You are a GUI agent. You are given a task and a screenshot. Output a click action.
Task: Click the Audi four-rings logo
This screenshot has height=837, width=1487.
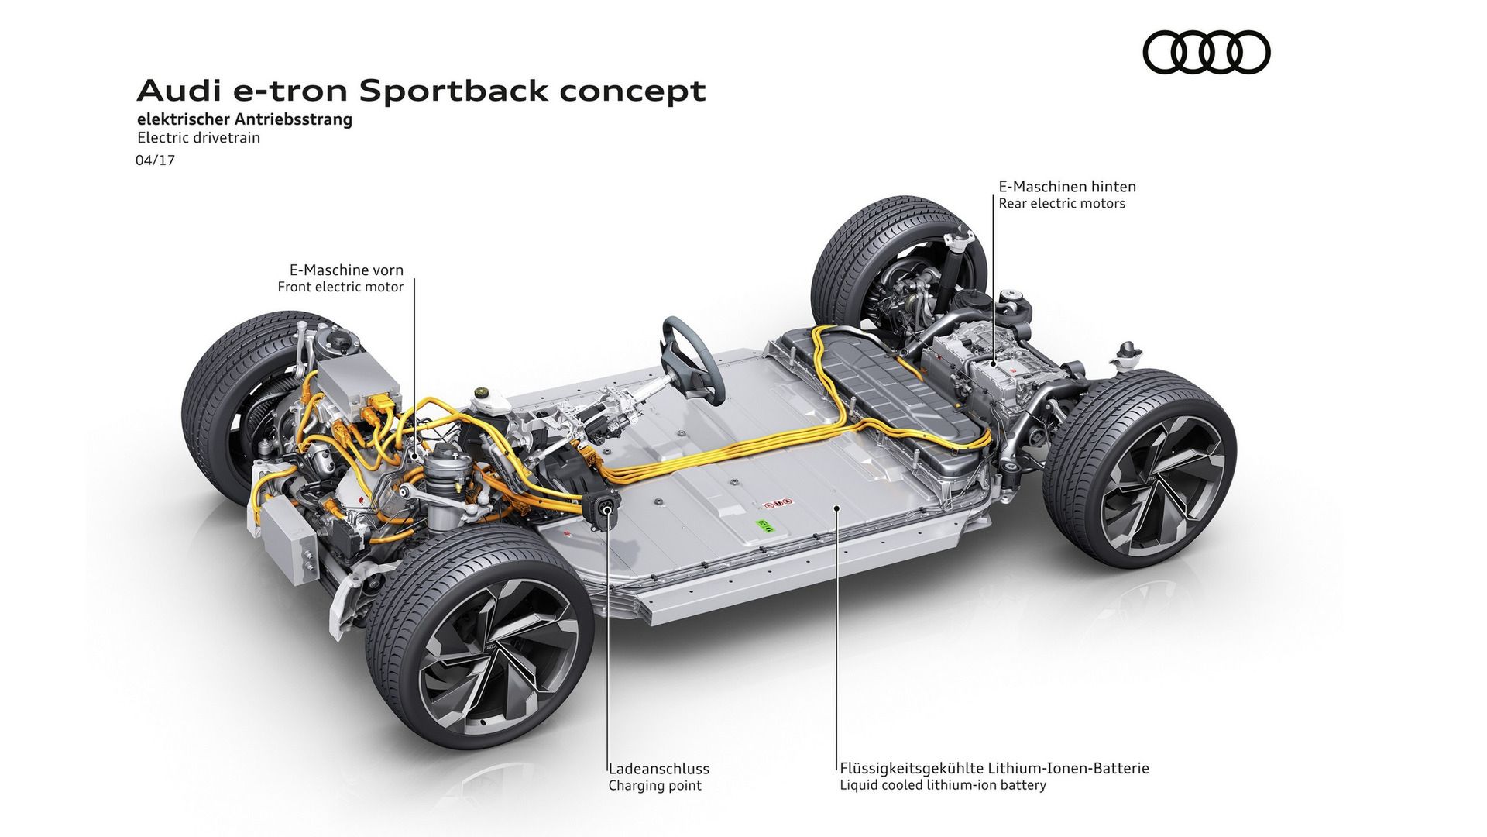[x=1206, y=53]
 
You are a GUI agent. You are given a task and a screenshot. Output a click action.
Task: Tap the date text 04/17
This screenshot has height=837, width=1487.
[x=155, y=160]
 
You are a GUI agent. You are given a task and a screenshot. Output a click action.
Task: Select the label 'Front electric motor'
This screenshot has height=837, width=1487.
[x=341, y=287]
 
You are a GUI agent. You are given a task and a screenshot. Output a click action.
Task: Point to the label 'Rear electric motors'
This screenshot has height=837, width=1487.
[x=1061, y=203]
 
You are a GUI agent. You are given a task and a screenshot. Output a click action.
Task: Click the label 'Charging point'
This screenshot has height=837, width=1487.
[x=654, y=785]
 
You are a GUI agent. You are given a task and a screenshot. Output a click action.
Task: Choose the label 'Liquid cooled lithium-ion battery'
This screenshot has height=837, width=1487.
[x=943, y=785]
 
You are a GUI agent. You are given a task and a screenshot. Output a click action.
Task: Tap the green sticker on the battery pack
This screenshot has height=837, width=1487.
[x=765, y=526]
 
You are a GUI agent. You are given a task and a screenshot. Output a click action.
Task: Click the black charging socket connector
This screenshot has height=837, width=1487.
[x=603, y=508]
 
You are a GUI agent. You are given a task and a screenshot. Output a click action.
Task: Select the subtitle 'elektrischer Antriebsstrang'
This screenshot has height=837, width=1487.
[x=244, y=119]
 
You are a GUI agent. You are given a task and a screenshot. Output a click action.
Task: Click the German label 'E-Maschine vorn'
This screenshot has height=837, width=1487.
[x=346, y=270]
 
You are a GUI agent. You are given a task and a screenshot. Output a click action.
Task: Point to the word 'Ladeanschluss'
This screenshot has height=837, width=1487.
[x=658, y=769]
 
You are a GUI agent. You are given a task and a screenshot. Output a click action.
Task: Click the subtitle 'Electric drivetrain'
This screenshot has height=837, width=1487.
[x=198, y=138]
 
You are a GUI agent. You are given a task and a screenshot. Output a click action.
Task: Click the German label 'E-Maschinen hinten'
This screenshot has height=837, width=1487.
[x=1066, y=186]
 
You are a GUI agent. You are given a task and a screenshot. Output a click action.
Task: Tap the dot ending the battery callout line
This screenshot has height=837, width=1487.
[x=836, y=508]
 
